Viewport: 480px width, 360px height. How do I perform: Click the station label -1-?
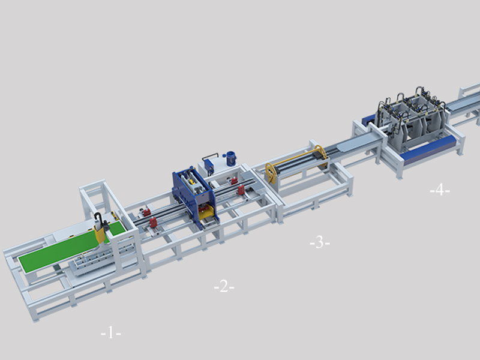pyautogui.click(x=111, y=333)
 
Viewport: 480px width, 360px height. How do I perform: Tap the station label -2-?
pyautogui.click(x=224, y=287)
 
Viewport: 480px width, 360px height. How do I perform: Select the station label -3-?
pyautogui.click(x=320, y=243)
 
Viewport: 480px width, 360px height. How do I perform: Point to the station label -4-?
pyautogui.click(x=440, y=190)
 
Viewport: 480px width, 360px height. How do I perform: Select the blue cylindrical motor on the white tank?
pyautogui.click(x=231, y=158)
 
